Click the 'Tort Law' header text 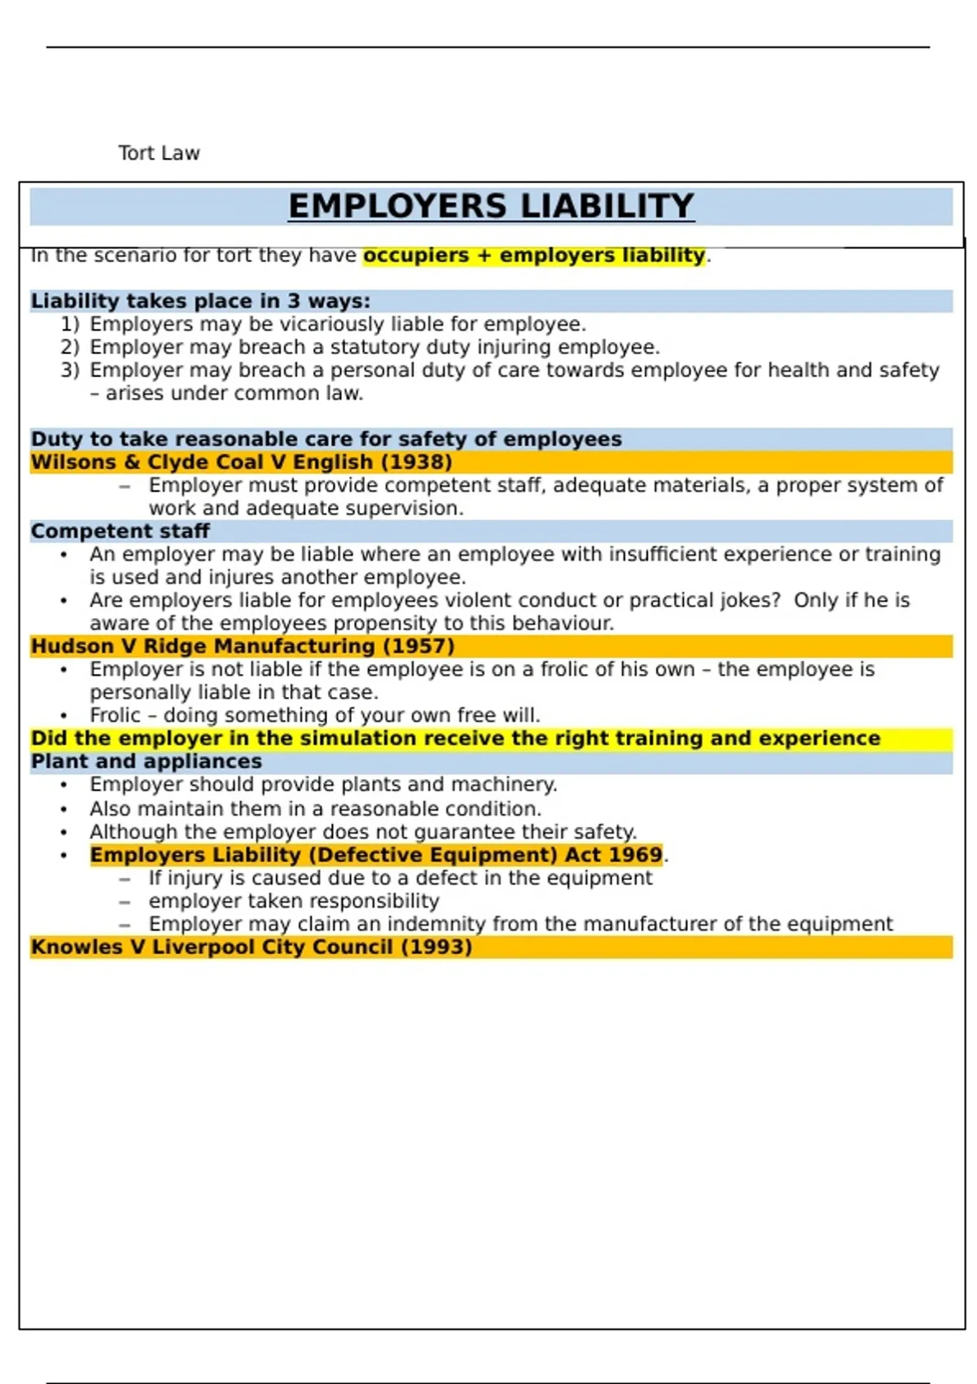[x=159, y=153]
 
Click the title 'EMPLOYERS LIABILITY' [x=491, y=206]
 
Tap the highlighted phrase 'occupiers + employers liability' [x=533, y=256]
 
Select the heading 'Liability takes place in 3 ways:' [x=200, y=301]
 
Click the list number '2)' [x=70, y=348]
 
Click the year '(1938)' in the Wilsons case [x=416, y=462]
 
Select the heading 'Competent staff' [x=120, y=532]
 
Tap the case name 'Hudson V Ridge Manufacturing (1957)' [x=243, y=646]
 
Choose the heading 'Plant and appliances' [x=147, y=762]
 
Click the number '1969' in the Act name [x=634, y=856]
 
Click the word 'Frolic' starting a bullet [x=115, y=716]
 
